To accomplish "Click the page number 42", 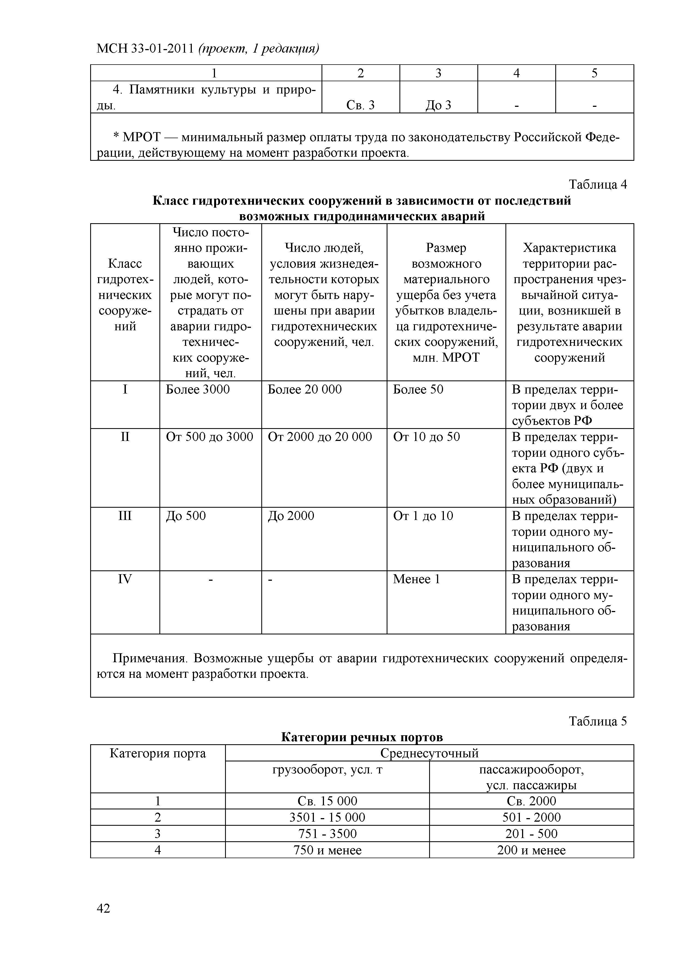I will point(103,908).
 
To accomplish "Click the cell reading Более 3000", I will point(198,389).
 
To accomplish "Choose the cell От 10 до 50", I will point(427,437).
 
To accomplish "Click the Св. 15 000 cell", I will point(327,801).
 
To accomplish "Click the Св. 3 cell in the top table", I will point(360,105).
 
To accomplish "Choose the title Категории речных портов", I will point(362,737).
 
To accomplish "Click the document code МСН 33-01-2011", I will point(145,49).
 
